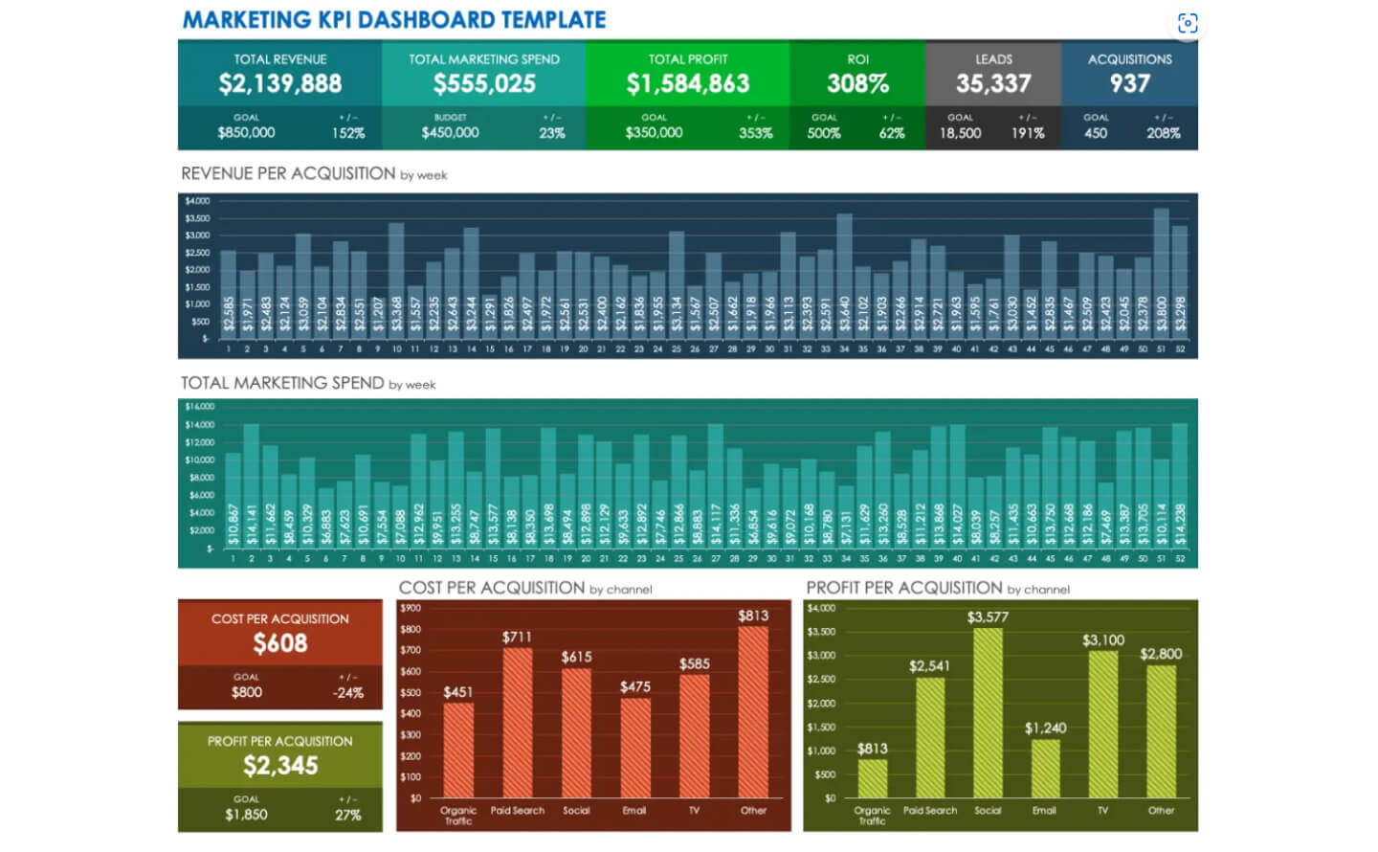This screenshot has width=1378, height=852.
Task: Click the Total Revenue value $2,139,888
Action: click(279, 83)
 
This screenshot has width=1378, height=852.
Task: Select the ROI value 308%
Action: click(857, 83)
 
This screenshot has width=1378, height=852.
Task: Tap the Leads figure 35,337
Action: click(993, 83)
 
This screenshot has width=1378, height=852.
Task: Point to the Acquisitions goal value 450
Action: click(1096, 133)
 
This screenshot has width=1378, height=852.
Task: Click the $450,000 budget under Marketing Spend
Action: click(450, 133)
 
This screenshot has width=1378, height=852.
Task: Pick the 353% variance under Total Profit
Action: click(755, 133)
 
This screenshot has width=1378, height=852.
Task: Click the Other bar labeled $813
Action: click(753, 713)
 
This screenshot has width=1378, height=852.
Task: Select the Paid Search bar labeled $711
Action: click(518, 723)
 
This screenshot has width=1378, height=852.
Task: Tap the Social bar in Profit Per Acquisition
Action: click(988, 713)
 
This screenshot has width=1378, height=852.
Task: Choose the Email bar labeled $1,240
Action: click(1045, 768)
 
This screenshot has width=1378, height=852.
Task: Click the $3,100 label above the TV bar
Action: click(1103, 639)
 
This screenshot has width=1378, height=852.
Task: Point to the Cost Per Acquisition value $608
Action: click(279, 643)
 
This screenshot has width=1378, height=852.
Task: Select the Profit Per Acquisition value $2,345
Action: click(279, 766)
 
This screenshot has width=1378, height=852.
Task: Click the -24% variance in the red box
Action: click(347, 692)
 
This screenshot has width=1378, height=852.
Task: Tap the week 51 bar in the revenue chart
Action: click(1161, 270)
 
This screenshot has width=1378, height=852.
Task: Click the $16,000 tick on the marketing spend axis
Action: click(199, 407)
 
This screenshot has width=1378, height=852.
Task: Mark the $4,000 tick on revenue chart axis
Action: click(197, 201)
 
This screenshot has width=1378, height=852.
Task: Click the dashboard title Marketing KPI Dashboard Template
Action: click(393, 19)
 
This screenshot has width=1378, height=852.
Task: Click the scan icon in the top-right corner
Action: click(1188, 23)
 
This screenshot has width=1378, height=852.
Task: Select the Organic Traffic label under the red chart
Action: click(458, 815)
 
